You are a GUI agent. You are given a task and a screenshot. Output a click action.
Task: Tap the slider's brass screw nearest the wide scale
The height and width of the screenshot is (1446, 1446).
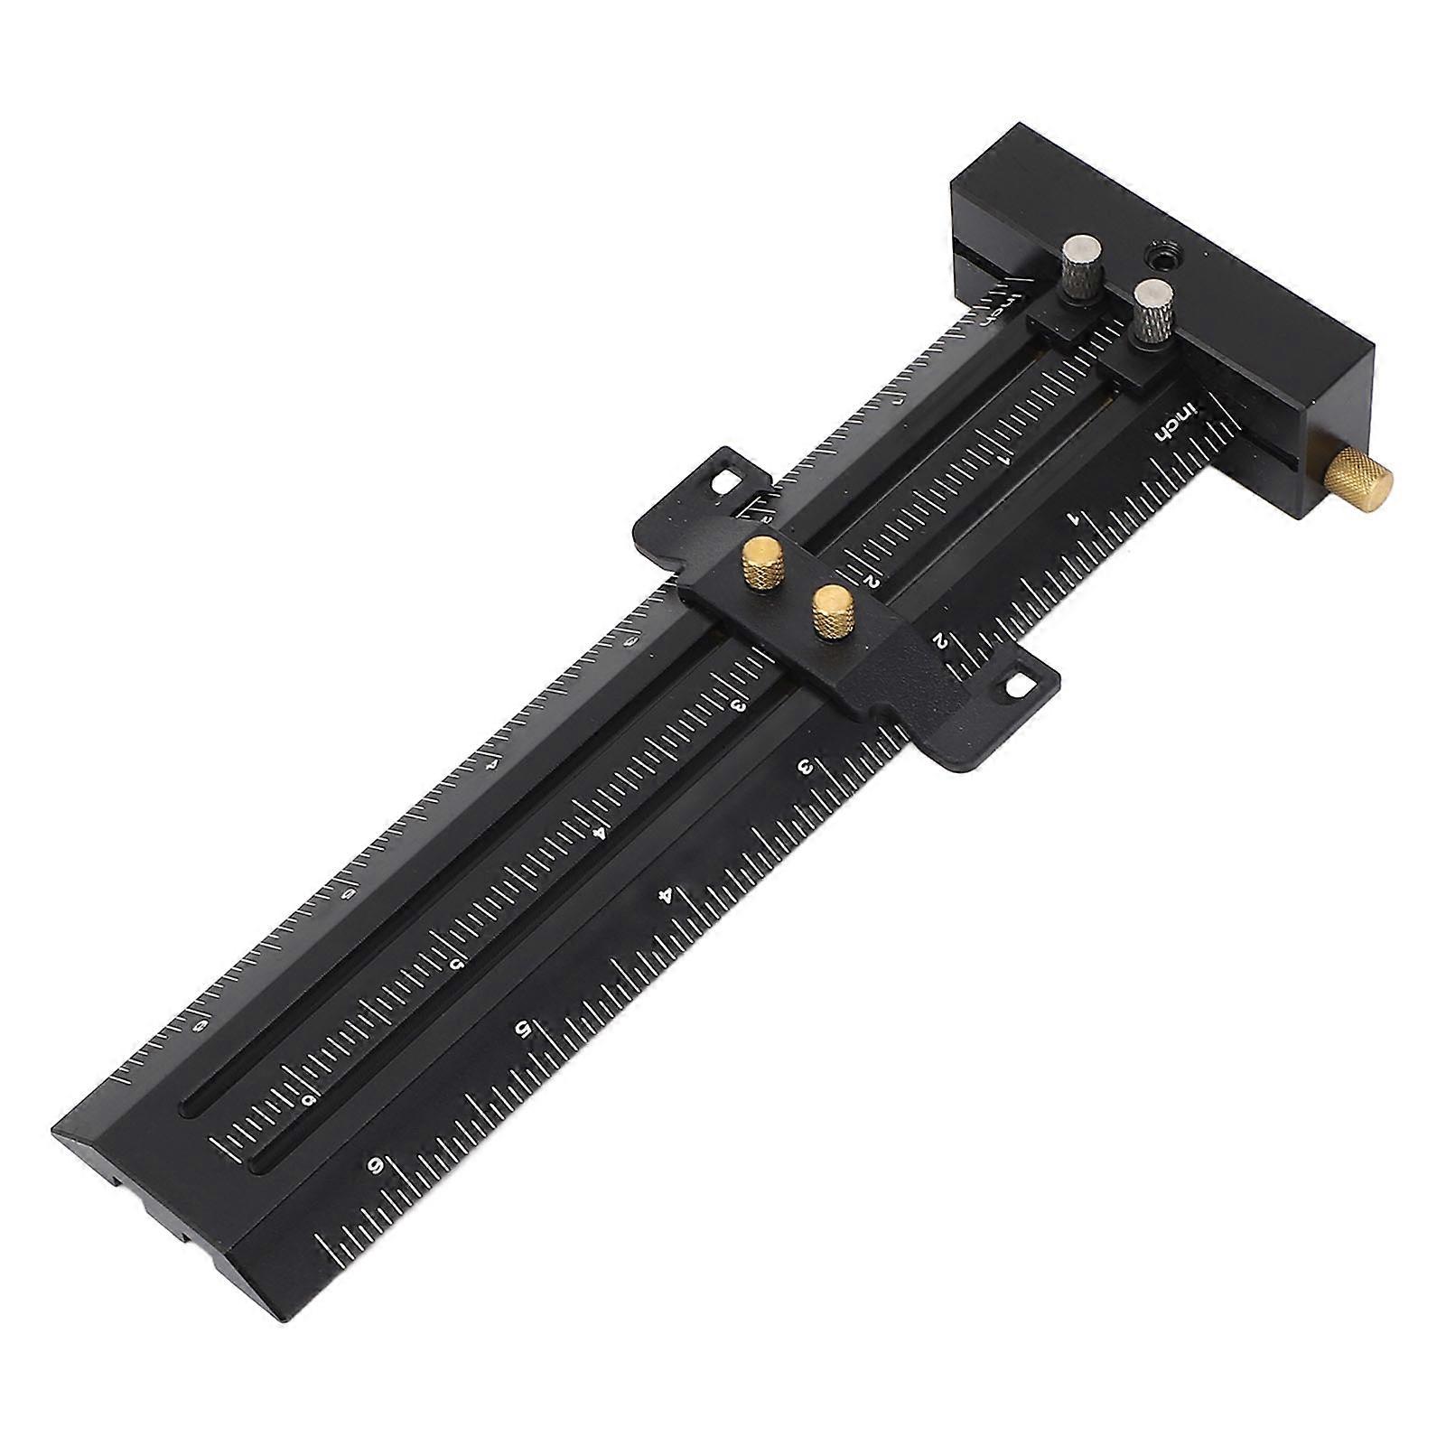[831, 611]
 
